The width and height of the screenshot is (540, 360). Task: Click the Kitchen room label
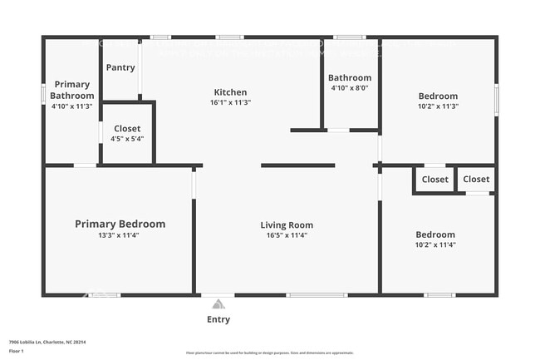(x=230, y=92)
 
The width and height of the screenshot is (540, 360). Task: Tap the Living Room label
(x=287, y=224)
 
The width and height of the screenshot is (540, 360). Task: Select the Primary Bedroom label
(x=120, y=224)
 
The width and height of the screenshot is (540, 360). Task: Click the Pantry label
(x=120, y=67)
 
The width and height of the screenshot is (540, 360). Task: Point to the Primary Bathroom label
(x=72, y=90)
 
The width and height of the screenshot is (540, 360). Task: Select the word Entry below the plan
(x=218, y=319)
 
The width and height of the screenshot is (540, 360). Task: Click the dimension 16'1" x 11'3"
(x=230, y=103)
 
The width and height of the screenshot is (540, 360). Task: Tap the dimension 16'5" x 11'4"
(x=287, y=235)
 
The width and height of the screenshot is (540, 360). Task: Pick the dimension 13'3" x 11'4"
(x=120, y=235)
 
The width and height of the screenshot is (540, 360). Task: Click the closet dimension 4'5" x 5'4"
(x=127, y=139)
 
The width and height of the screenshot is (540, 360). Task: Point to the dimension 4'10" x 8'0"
(x=349, y=88)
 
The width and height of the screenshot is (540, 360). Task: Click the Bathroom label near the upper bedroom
(x=349, y=77)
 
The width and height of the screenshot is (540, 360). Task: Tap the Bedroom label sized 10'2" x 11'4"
(x=435, y=234)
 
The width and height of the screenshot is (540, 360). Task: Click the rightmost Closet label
(x=476, y=180)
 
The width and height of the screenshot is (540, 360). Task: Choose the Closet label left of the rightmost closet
(x=434, y=180)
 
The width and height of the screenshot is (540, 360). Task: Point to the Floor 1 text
(x=17, y=352)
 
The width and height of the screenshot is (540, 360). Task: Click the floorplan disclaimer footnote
(x=269, y=353)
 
